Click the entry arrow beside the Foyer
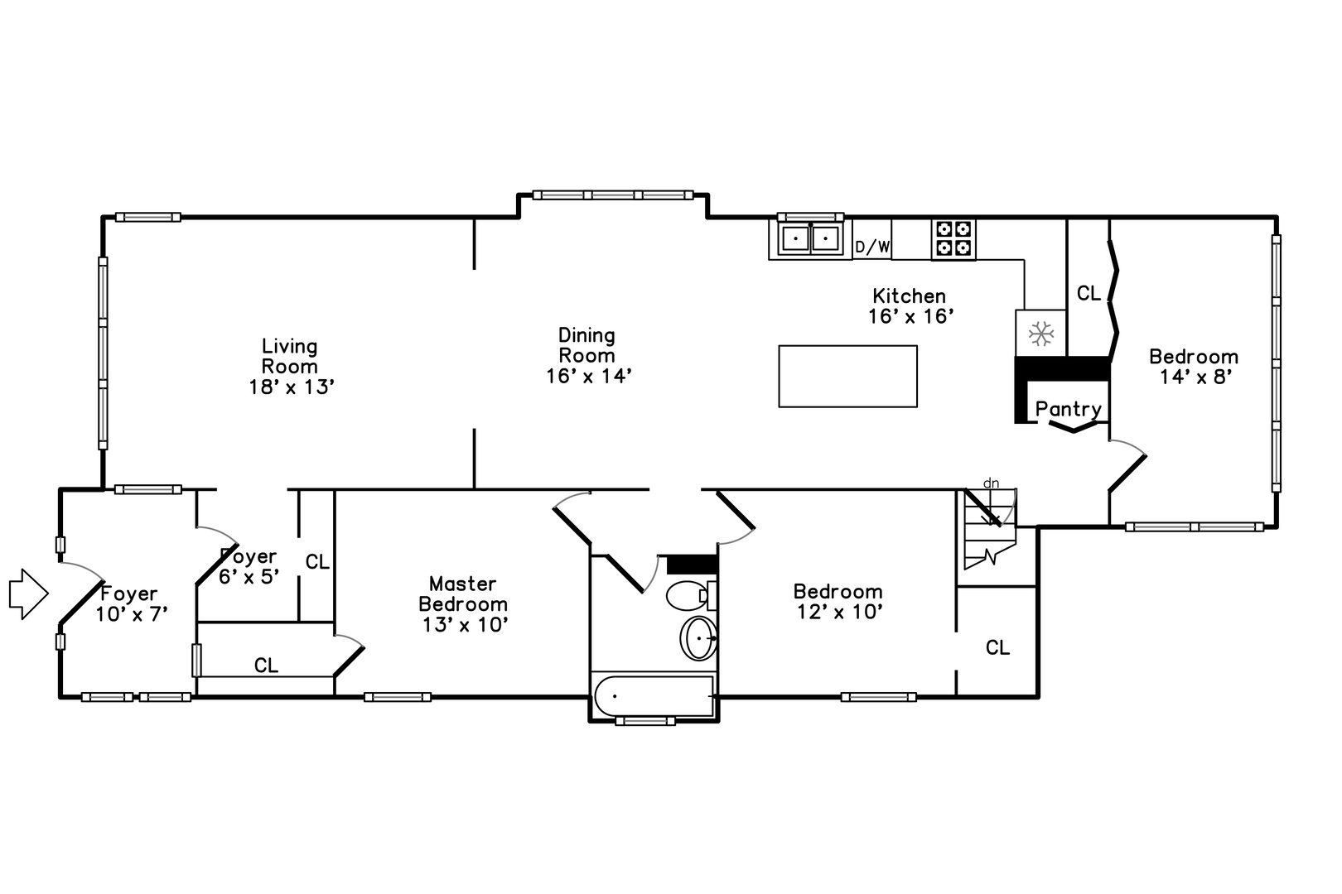coord(28,594)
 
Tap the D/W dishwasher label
coord(872,246)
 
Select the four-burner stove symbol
coord(953,239)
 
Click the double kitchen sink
coord(810,239)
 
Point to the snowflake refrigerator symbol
coord(1041,333)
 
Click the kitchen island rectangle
coord(847,376)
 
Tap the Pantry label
coord(1068,409)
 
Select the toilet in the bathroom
coord(692,595)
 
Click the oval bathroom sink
coord(698,637)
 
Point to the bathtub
coord(654,696)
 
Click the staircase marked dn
coord(990,529)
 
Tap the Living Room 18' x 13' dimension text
coord(291,387)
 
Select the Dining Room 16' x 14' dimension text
coord(589,376)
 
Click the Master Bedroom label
coord(463,594)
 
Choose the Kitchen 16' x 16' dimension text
coord(910,315)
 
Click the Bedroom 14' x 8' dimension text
coord(1196,377)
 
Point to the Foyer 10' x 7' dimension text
coord(131,613)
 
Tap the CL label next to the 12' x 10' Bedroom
coord(997,647)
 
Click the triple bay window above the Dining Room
coord(613,195)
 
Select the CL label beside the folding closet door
coord(1089,293)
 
